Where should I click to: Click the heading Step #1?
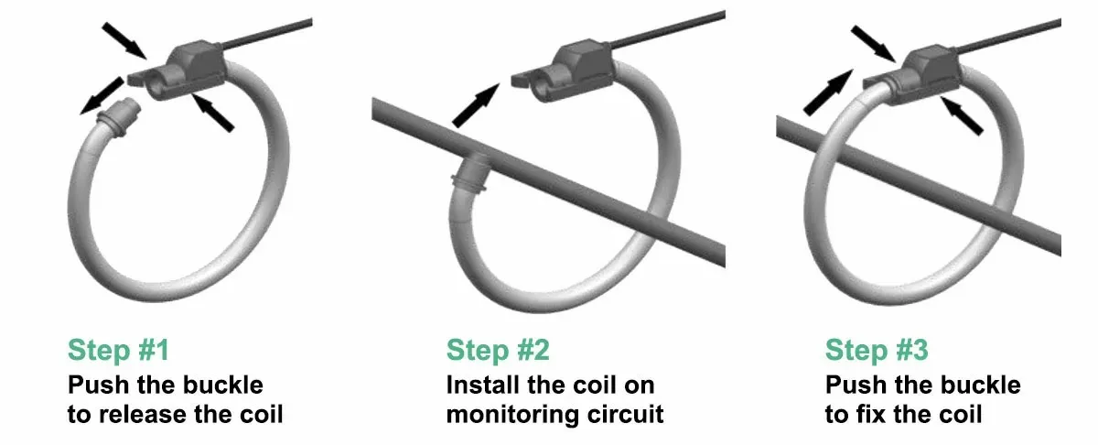point(118,350)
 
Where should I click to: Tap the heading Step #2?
point(498,350)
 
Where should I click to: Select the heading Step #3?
point(877,350)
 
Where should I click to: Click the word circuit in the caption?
point(629,414)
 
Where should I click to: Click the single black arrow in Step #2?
point(475,103)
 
